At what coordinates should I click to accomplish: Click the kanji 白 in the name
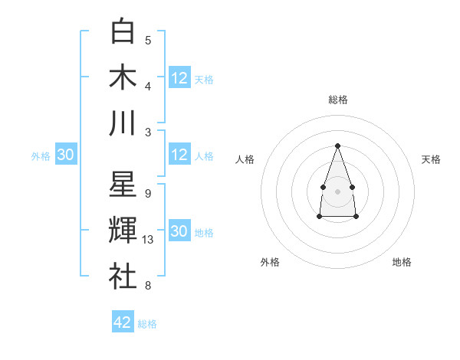123,32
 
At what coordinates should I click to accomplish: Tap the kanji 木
123,77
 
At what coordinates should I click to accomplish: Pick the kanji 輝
123,231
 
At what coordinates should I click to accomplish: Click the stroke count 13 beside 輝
149,241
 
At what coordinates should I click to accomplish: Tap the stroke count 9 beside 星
147,194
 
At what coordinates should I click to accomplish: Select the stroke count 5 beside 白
147,41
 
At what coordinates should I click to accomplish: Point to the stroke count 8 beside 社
147,286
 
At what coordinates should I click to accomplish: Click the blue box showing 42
123,322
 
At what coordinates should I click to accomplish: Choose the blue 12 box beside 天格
179,77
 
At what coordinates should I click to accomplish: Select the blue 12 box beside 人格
179,155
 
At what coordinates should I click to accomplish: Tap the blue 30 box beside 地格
179,231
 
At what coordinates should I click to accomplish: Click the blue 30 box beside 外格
66,155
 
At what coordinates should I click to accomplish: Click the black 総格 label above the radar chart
337,100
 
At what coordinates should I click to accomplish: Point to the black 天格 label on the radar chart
431,159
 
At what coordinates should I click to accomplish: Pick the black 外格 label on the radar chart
269,262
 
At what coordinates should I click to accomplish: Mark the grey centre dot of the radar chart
337,190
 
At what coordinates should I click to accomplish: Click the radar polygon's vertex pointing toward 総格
337,146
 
